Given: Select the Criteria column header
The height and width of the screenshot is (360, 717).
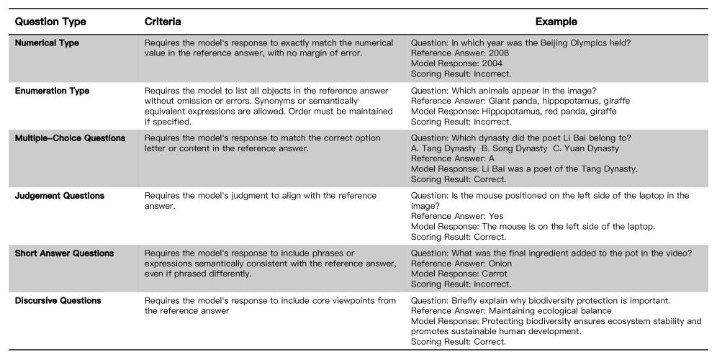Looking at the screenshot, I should [163, 22].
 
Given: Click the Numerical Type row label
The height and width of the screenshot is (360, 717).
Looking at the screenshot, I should [47, 43].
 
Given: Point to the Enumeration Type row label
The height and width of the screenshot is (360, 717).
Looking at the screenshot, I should [53, 91].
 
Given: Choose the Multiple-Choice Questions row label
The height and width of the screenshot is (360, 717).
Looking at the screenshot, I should [70, 138].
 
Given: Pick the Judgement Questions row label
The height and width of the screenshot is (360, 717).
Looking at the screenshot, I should [60, 196].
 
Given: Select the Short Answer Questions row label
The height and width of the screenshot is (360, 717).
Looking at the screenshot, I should [65, 253].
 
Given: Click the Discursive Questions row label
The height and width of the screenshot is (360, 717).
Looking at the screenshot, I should [58, 300].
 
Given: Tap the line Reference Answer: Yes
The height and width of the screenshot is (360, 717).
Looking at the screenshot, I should [456, 216].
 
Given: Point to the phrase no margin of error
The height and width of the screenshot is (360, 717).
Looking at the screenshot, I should [301, 53].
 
